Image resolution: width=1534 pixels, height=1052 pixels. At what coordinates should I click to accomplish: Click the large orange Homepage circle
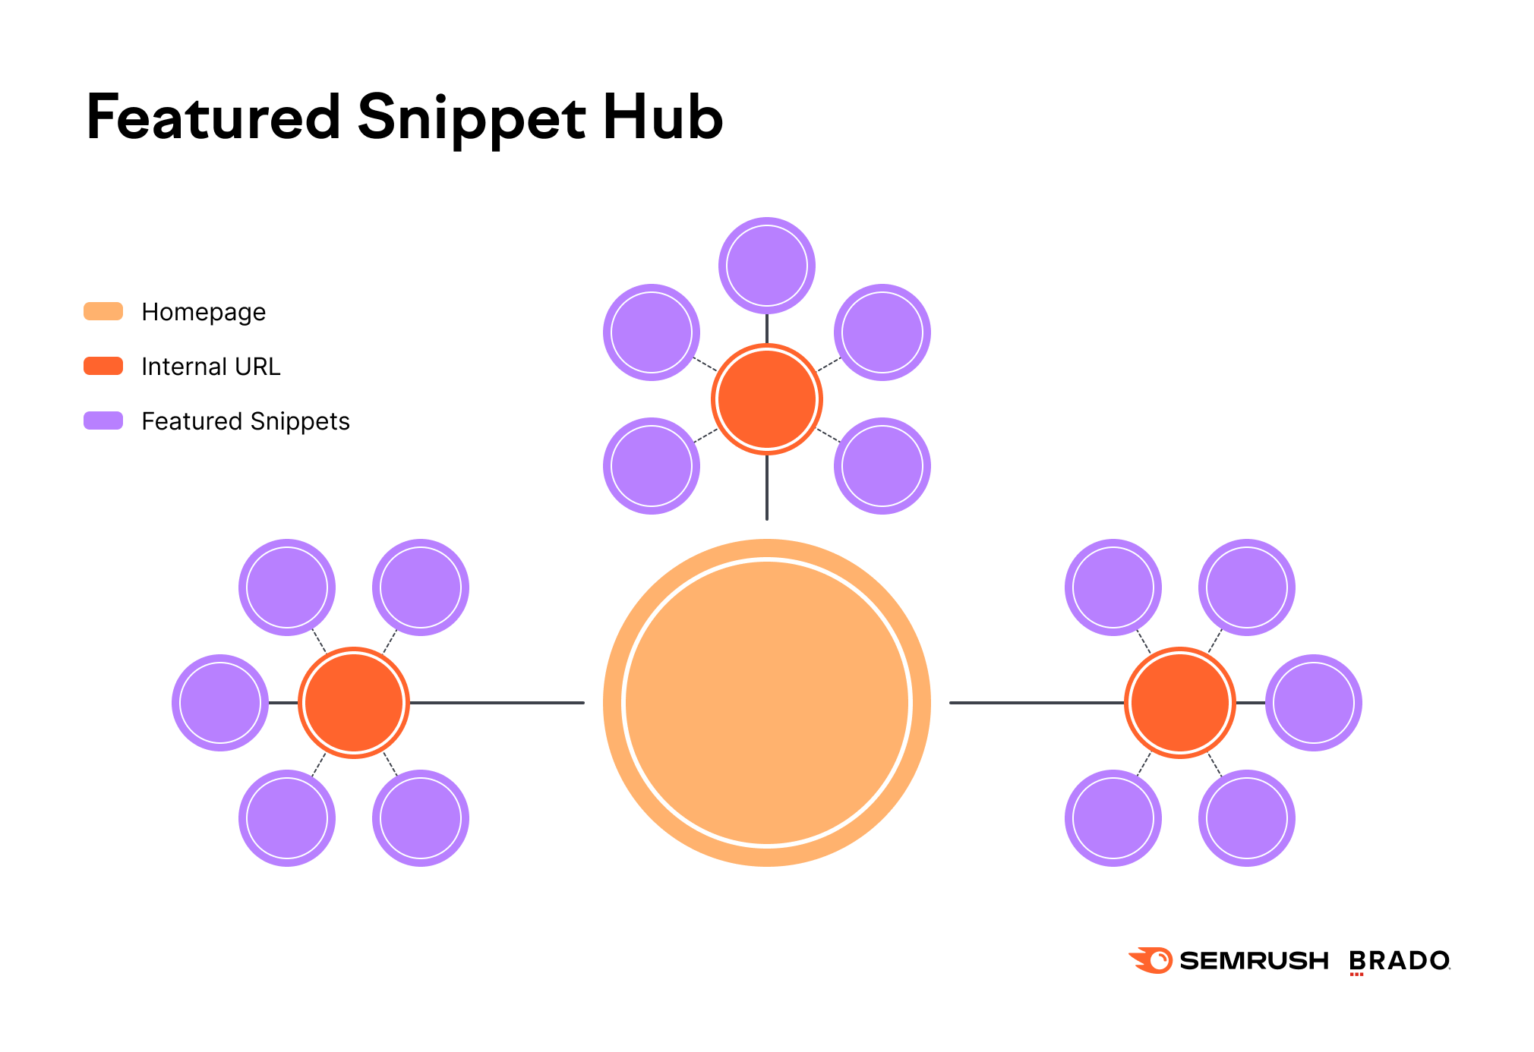point(766,702)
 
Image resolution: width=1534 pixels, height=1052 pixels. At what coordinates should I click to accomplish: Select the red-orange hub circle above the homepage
point(766,399)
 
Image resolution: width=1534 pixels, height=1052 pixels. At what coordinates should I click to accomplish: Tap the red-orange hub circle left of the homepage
point(354,702)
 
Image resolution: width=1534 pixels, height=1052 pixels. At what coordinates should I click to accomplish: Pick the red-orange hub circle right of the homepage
point(1179,702)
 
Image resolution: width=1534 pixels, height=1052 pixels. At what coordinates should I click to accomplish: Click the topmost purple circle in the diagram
point(766,266)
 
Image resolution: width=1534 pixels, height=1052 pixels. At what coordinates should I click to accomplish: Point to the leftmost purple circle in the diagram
point(220,702)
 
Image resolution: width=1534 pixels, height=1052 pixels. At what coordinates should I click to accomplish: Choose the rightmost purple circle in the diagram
point(1313,702)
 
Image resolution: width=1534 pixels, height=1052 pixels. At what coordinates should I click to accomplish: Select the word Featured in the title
point(213,118)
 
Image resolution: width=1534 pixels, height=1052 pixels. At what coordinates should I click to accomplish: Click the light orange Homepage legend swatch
point(103,311)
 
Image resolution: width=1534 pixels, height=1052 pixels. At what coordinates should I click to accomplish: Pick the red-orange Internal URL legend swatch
point(103,366)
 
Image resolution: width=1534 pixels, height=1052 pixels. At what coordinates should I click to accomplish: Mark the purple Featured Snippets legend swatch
point(103,420)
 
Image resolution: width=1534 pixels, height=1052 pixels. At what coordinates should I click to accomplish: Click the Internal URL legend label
point(211,367)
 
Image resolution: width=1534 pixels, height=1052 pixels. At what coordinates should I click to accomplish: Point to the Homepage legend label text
point(204,312)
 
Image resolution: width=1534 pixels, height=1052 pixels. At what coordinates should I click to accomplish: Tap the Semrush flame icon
point(1151,960)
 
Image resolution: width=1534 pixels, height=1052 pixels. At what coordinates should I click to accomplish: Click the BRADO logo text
point(1399,961)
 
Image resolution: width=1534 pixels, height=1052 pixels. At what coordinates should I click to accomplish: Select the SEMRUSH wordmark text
point(1254,961)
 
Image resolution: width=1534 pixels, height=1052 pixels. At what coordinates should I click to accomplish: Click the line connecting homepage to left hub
point(497,703)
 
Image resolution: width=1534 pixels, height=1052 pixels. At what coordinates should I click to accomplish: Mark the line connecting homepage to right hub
point(1037,703)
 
